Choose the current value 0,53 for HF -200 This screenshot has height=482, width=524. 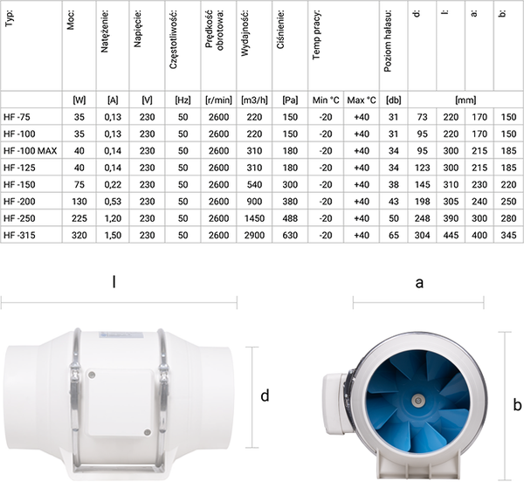(x=111, y=200)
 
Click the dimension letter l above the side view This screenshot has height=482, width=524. (x=114, y=282)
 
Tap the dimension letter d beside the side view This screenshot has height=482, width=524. (x=265, y=396)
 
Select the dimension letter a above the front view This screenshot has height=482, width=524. (x=420, y=282)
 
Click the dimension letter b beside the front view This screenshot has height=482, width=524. (x=517, y=404)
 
